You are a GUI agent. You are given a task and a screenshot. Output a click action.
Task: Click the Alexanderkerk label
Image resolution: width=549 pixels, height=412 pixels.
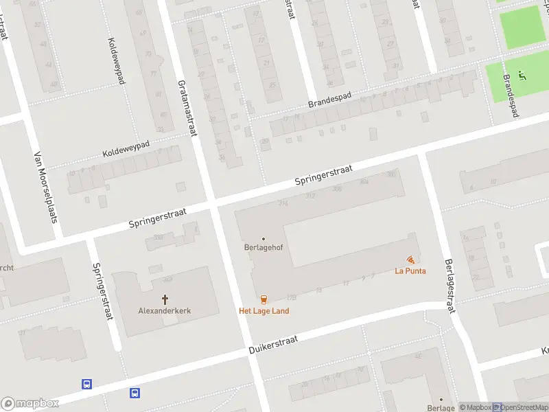click(165, 310)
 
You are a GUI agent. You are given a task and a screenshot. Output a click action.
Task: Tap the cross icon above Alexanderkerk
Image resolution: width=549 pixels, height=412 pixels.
click(165, 299)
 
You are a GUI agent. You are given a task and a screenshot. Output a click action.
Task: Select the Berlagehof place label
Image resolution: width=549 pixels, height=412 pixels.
click(263, 248)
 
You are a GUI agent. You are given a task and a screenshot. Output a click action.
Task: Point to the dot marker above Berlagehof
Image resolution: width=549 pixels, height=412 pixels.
click(263, 239)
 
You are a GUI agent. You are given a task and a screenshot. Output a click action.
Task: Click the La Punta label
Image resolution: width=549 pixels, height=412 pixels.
click(410, 271)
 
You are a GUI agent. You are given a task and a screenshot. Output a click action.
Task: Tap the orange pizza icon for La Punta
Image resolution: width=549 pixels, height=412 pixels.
click(410, 260)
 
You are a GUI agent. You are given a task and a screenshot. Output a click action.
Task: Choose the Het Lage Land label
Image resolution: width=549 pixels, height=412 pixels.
click(264, 310)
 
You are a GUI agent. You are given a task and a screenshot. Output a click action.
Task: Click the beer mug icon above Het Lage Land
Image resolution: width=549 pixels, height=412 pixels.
click(264, 299)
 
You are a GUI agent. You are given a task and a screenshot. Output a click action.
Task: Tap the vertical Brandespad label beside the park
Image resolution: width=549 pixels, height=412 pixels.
click(509, 95)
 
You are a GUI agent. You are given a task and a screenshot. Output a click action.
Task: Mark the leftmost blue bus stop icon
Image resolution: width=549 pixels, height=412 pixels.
click(87, 385)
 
